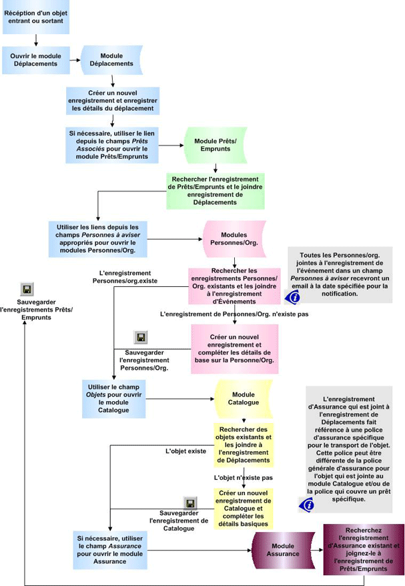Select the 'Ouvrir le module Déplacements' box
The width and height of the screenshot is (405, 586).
35,59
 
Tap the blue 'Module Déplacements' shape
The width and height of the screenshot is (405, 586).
111,59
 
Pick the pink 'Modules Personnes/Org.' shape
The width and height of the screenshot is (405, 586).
234,240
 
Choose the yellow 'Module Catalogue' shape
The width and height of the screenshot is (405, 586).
244,398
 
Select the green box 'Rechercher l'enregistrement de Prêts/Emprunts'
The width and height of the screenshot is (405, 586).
215,190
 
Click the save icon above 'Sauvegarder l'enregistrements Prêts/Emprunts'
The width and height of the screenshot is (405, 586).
27,289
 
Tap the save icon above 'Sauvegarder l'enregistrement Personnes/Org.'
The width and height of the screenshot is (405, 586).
141,337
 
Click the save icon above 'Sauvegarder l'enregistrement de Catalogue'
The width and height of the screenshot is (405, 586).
190,502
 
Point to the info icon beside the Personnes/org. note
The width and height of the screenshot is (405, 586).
292,297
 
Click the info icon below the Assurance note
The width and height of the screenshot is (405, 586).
308,505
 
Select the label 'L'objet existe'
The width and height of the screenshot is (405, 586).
185,451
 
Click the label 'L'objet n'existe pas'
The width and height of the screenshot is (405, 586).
244,478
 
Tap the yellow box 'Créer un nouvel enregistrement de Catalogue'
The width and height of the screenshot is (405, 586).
244,508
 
